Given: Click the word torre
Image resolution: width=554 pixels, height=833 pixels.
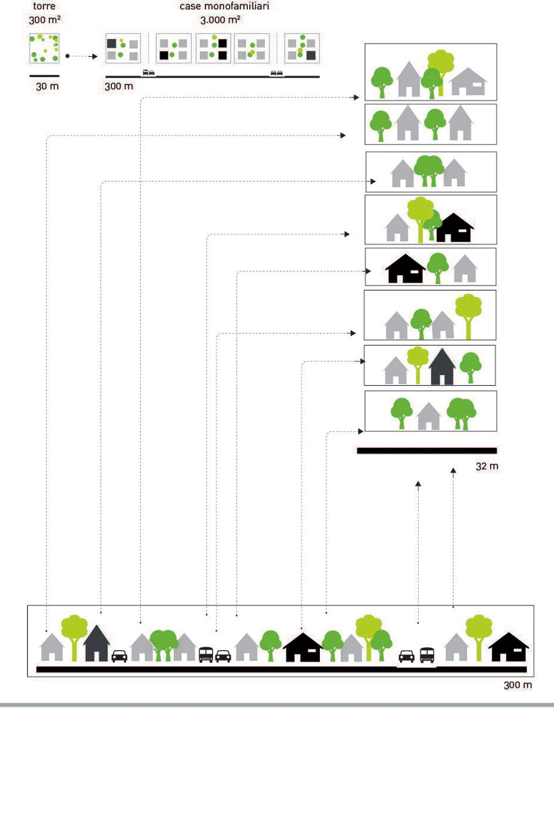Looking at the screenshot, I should pos(44,6).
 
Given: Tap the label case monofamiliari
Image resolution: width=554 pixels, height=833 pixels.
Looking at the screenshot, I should pos(224,6).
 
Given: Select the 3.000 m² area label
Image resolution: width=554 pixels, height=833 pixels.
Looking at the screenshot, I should pos(220,20).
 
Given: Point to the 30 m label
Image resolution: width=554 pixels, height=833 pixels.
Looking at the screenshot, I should pos(47,86).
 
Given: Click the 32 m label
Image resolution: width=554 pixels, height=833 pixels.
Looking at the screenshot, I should pos(487,466).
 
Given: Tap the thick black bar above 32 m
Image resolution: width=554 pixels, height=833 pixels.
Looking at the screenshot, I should pos(427,451).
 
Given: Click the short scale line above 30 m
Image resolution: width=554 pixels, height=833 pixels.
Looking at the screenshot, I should pos(44,75).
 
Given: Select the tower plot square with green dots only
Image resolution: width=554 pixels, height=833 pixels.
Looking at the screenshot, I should pos(44,48).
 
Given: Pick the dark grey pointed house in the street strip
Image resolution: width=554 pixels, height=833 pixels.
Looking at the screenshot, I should pos(96,643).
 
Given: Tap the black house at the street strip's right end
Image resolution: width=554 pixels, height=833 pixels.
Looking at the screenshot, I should pos(509,647).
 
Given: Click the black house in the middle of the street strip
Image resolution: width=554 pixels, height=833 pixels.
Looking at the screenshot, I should pos(302,648).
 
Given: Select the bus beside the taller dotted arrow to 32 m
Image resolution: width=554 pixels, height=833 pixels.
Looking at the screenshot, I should pos(427,654).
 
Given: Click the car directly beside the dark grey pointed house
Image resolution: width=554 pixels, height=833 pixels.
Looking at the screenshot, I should pos(120,656).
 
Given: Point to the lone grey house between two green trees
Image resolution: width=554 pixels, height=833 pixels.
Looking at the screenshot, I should pos(428,416).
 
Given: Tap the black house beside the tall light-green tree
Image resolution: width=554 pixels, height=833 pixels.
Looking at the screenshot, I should pos(454,228).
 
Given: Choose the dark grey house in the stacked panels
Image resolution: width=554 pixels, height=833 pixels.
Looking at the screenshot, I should pos(442,366).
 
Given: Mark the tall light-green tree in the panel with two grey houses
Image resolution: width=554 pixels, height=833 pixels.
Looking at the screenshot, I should pos(468,315).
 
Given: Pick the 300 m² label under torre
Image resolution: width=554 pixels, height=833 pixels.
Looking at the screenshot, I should pos(45,20).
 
